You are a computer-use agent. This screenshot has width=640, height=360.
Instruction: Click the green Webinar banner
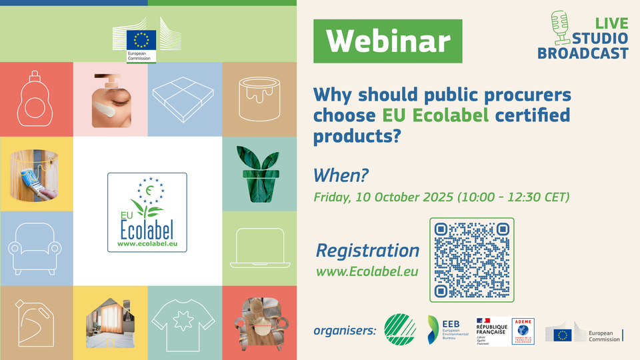click(x=388, y=41)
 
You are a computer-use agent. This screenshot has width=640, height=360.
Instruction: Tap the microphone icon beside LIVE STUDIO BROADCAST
click(x=559, y=27)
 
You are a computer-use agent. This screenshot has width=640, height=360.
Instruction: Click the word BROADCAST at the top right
click(x=583, y=53)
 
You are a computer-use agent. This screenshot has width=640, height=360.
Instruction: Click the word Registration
click(x=367, y=251)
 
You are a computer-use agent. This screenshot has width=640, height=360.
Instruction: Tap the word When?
click(x=341, y=175)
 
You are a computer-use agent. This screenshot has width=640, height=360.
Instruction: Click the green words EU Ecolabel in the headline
click(x=435, y=115)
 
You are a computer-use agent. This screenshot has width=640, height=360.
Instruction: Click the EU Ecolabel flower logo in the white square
click(x=147, y=212)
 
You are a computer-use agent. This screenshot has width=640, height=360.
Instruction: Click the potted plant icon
click(x=259, y=174)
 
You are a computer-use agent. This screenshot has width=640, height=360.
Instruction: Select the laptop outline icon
click(x=259, y=248)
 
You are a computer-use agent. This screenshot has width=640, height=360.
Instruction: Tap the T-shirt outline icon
click(x=185, y=323)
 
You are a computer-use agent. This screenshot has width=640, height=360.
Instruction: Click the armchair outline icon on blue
click(x=37, y=249)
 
